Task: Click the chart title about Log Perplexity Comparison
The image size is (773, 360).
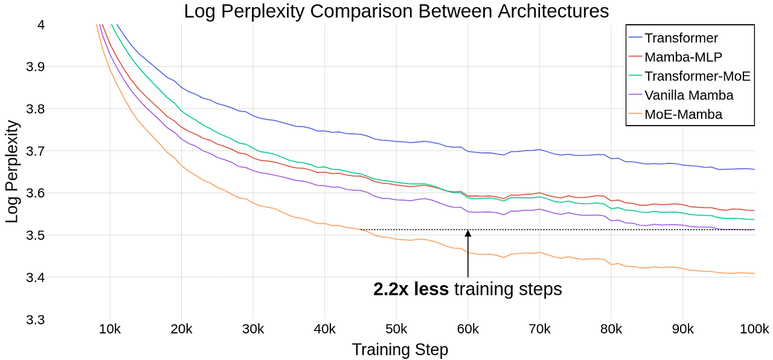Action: [x=396, y=11]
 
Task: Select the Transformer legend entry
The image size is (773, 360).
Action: [x=681, y=38]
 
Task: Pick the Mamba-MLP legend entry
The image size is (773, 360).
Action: [x=683, y=57]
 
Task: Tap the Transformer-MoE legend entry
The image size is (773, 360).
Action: [x=697, y=76]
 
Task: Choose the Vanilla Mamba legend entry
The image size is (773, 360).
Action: [x=688, y=95]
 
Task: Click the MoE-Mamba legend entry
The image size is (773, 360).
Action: [x=683, y=114]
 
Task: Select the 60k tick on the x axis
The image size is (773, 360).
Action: [x=467, y=329]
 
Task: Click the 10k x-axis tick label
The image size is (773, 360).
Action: [x=109, y=329]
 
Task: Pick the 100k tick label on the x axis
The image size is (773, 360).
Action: [x=754, y=329]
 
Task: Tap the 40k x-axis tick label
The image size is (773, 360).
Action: [x=324, y=329]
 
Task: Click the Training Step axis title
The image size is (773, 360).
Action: [x=400, y=350]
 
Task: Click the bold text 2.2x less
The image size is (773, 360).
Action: [x=411, y=289]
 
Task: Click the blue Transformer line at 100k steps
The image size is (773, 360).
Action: [x=754, y=169]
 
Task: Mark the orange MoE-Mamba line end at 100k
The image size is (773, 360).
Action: [x=754, y=274]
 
